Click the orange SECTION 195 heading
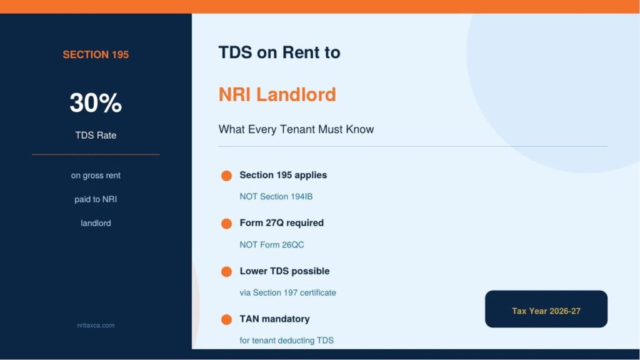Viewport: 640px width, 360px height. [96, 55]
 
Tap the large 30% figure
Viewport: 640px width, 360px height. [96, 102]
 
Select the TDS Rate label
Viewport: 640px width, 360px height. [96, 135]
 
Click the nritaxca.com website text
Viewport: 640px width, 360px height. [96, 325]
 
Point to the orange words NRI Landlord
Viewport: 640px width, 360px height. [277, 94]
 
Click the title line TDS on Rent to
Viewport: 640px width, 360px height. [279, 52]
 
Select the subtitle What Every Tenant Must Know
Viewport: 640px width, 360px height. [296, 129]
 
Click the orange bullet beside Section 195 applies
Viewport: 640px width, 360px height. [226, 176]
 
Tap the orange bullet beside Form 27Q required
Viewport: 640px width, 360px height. [226, 224]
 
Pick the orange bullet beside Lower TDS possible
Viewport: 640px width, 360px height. [226, 271]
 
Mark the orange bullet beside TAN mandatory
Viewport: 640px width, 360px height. [226, 319]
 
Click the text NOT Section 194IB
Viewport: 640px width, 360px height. [276, 197]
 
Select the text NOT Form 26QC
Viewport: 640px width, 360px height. [272, 245]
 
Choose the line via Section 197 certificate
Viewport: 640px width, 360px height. [287, 292]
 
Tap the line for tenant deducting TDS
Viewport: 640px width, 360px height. [286, 341]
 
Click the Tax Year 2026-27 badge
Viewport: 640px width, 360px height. [546, 309]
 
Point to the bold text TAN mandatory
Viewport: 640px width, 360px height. [275, 319]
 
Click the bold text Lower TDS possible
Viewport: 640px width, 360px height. [284, 271]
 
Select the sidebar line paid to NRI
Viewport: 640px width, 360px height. [96, 199]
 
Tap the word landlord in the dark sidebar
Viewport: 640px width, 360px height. [96, 223]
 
